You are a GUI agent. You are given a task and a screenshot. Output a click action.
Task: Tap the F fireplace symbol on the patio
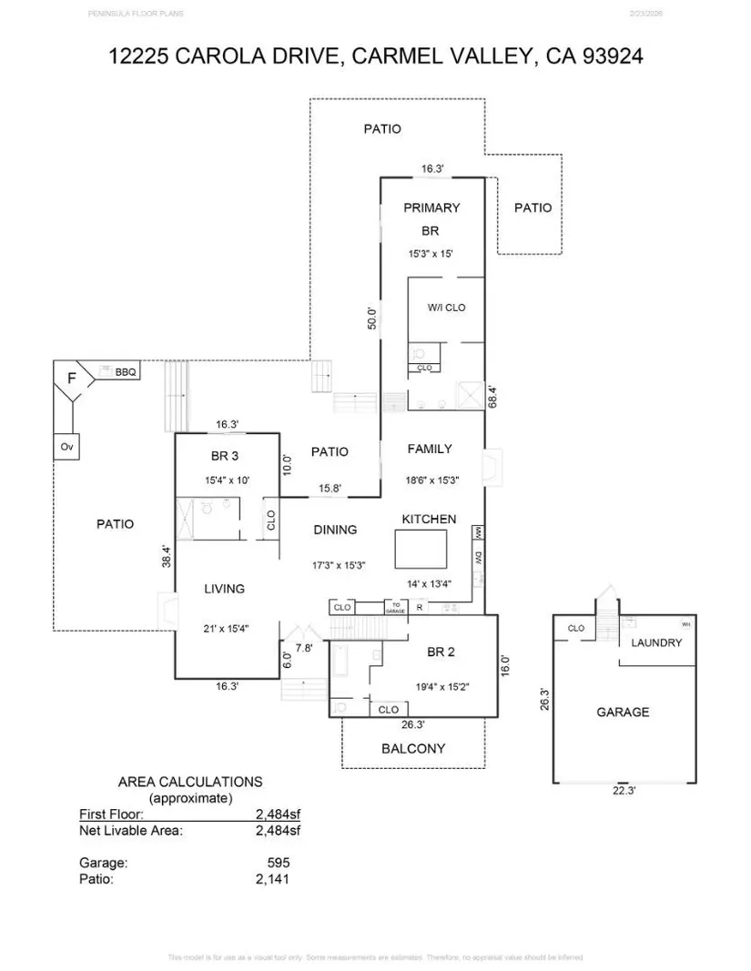71,377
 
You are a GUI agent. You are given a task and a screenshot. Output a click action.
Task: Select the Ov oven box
66,447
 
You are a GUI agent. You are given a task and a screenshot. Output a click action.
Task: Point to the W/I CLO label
446,308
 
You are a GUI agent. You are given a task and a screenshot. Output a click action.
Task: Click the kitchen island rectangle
421,550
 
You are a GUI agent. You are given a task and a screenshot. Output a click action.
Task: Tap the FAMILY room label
430,449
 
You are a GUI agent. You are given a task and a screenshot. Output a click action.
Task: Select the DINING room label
335,530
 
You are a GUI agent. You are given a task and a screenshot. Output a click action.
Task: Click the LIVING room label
224,589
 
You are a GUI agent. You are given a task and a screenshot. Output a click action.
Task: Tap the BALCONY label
413,749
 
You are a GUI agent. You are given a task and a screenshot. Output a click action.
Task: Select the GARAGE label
623,712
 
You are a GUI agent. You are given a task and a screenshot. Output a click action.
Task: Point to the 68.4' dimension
492,396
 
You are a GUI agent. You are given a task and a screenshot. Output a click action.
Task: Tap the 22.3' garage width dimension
623,791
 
